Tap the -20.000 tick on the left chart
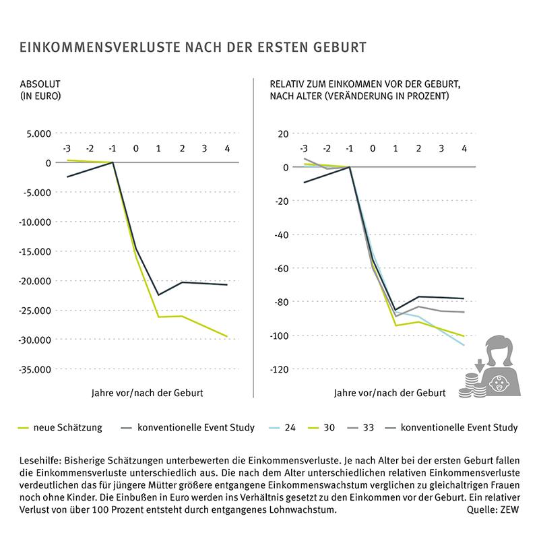click(x=34, y=281)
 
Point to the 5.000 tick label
click(x=39, y=133)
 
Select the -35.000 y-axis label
click(x=34, y=369)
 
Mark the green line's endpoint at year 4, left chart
click(x=228, y=336)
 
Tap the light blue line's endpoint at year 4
click(x=464, y=345)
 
